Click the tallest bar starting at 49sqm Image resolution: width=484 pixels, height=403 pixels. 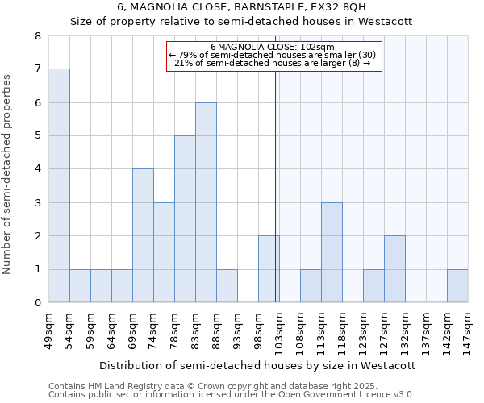click(x=59, y=185)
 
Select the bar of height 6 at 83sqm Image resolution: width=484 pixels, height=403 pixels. click(x=206, y=202)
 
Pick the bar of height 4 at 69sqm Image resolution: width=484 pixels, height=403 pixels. click(x=143, y=235)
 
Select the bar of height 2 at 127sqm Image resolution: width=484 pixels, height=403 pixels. click(x=394, y=269)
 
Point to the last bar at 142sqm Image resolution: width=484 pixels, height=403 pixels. click(x=457, y=286)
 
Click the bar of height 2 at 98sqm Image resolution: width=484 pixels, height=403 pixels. click(x=269, y=269)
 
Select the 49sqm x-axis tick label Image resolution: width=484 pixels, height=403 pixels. click(x=48, y=326)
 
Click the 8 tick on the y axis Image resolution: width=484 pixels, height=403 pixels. click(x=37, y=36)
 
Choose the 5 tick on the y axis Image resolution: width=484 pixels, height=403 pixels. click(x=37, y=136)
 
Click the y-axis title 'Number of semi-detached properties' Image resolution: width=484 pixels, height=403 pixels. click(x=8, y=174)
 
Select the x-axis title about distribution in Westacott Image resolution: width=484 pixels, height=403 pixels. click(x=257, y=365)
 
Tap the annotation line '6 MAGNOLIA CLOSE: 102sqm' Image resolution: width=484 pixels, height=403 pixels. click(x=273, y=47)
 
